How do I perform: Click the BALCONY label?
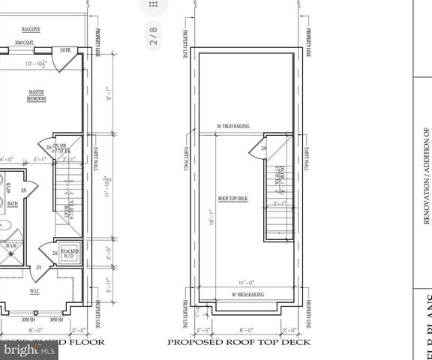click(x=30, y=30)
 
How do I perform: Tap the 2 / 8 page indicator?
click(x=154, y=42)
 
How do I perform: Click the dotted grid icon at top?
click(x=154, y=6)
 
